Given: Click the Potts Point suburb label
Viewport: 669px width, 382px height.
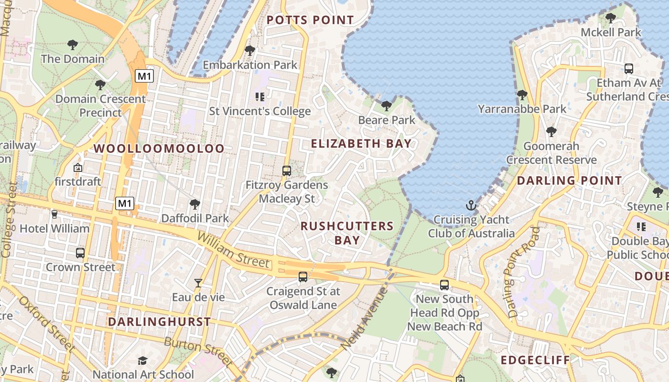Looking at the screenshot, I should click(x=310, y=20).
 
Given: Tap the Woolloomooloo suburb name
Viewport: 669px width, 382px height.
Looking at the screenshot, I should click(x=159, y=149).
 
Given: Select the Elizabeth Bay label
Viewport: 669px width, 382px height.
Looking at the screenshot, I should click(x=361, y=143).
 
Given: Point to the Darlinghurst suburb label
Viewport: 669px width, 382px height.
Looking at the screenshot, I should click(x=159, y=322).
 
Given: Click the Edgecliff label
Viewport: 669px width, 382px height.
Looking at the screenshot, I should click(x=535, y=360).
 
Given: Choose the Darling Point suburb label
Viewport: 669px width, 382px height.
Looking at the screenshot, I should click(x=569, y=180).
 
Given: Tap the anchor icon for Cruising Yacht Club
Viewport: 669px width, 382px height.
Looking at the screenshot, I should click(x=471, y=206).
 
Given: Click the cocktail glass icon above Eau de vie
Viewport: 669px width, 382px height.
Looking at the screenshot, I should click(x=198, y=283).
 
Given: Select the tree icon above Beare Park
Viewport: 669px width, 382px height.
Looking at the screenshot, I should click(x=387, y=106).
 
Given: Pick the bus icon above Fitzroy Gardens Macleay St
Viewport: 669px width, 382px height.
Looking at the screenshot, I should click(x=287, y=170).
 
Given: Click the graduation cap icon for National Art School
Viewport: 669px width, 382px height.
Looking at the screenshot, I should click(x=142, y=361).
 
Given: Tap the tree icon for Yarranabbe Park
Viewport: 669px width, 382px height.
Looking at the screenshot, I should click(x=522, y=95).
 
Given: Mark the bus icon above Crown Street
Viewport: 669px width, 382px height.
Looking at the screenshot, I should click(x=80, y=253).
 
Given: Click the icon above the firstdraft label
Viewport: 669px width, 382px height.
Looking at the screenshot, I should click(x=77, y=168).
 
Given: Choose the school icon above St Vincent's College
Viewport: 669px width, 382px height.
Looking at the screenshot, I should click(x=259, y=97).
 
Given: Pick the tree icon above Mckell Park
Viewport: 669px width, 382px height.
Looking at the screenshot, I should click(x=610, y=19).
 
